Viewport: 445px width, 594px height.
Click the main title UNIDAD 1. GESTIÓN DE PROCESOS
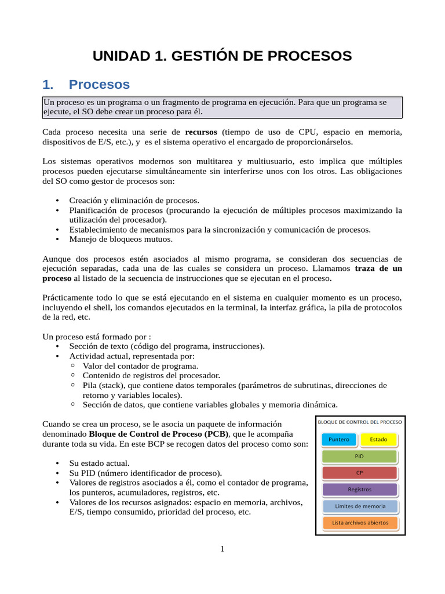(222, 56)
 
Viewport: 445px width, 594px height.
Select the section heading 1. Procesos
(86, 85)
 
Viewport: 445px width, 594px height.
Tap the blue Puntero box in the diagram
(339, 439)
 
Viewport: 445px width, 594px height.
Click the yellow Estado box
(378, 439)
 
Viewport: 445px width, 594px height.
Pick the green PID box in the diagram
(359, 456)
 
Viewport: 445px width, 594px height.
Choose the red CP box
(359, 473)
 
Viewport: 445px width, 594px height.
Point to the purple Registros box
(359, 490)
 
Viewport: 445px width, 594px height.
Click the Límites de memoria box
(359, 506)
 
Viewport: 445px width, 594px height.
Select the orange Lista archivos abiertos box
(359, 523)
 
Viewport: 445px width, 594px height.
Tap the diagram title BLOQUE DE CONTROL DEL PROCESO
(359, 422)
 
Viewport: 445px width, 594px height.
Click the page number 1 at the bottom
(222, 549)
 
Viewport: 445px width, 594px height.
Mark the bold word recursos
(201, 132)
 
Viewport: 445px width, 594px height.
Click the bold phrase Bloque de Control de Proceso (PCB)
(159, 434)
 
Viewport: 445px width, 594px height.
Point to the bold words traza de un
(378, 269)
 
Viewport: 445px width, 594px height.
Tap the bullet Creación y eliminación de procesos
(134, 200)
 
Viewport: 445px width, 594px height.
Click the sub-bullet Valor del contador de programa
(140, 366)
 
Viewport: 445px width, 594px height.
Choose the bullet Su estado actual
(99, 463)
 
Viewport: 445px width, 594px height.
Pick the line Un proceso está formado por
(97, 336)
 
